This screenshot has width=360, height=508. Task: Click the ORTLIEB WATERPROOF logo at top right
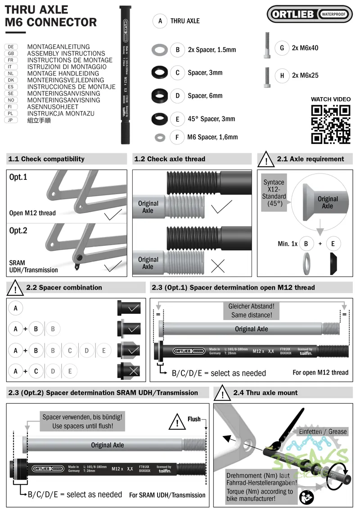tap(310, 14)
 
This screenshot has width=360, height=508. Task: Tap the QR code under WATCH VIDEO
tap(331, 124)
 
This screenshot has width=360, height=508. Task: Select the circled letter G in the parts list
tap(282, 48)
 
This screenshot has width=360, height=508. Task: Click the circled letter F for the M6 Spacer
tap(177, 137)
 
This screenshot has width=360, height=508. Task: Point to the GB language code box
tap(10, 53)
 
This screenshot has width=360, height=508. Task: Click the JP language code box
tap(10, 120)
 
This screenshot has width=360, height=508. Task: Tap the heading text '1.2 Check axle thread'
tap(170, 159)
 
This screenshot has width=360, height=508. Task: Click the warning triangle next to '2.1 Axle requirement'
tap(267, 159)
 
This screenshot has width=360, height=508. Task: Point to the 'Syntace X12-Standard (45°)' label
tap(274, 192)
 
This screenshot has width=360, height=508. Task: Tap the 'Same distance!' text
tap(252, 315)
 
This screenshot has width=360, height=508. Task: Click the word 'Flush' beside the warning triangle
tap(194, 419)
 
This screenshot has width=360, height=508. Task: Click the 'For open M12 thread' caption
tap(320, 372)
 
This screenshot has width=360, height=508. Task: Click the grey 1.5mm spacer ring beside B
tap(159, 49)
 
